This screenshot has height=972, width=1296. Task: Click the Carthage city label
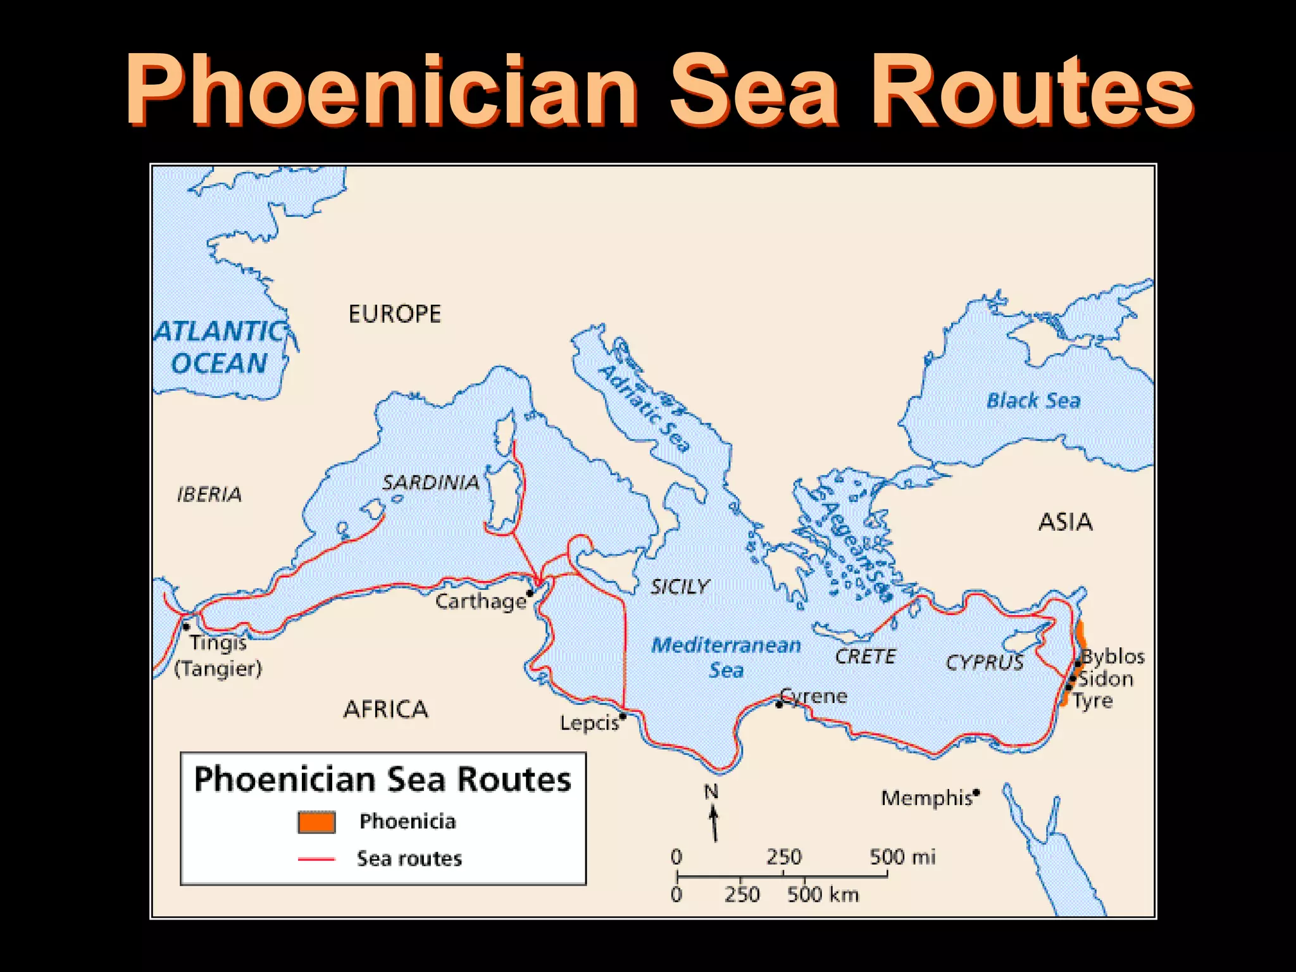coord(480,601)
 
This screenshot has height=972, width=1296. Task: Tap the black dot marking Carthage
coord(530,593)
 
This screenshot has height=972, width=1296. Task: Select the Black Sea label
coord(1033,401)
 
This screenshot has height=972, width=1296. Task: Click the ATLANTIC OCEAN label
coord(220,347)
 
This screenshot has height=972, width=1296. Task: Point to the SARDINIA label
coord(430,483)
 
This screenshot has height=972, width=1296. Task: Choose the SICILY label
coord(680,587)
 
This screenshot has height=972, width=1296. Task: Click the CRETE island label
coord(865,656)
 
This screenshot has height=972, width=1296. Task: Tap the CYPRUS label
coord(984,663)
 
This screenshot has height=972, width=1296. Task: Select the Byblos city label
coord(1113,656)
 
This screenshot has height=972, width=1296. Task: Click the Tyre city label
coord(1093,701)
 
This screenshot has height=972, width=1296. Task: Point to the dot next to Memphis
coord(976,792)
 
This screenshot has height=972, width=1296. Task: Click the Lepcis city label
coord(589,723)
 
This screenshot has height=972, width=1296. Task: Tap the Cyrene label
coord(815,696)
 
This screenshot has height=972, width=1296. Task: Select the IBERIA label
coord(209,494)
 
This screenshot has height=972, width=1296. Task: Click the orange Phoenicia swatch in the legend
coord(316,821)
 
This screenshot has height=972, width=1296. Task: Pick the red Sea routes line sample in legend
coord(316,859)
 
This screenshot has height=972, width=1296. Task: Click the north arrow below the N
coord(714,823)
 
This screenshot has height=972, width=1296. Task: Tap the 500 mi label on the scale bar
coord(902,857)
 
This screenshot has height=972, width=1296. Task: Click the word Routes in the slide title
coord(1031,90)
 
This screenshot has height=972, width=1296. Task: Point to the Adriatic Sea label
coord(644,408)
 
